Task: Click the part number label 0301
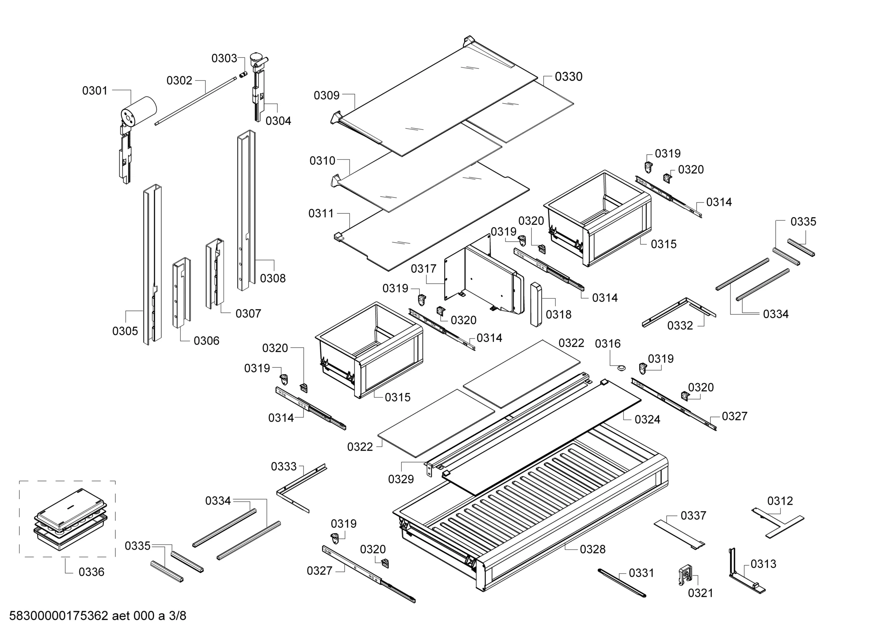pos(94,90)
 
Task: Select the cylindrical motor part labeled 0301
pos(138,111)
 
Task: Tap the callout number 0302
pos(179,80)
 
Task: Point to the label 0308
pos(273,278)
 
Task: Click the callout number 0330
pos(568,77)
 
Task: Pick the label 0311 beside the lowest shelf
pos(321,213)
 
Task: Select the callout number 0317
pos(423,269)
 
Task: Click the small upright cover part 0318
pos(536,304)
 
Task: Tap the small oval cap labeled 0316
pos(621,368)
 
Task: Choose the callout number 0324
pos(647,419)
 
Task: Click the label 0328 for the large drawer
pos(592,549)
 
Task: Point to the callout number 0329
pos(401,479)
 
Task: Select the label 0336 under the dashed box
pos(91,572)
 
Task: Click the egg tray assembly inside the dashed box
pos(70,519)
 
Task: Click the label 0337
pos(693,515)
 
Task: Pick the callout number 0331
pos(641,573)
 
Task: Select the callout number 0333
pos(284,466)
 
